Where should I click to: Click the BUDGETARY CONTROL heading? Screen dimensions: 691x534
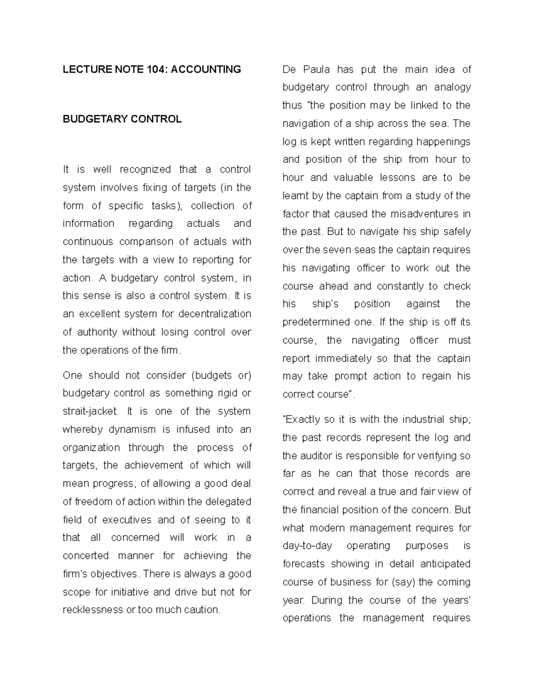(122, 119)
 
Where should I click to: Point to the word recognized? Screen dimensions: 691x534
(145, 170)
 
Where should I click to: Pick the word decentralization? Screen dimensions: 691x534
(214, 314)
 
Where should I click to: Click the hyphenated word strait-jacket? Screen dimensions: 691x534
(90, 412)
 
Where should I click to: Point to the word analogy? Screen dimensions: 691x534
(452, 88)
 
